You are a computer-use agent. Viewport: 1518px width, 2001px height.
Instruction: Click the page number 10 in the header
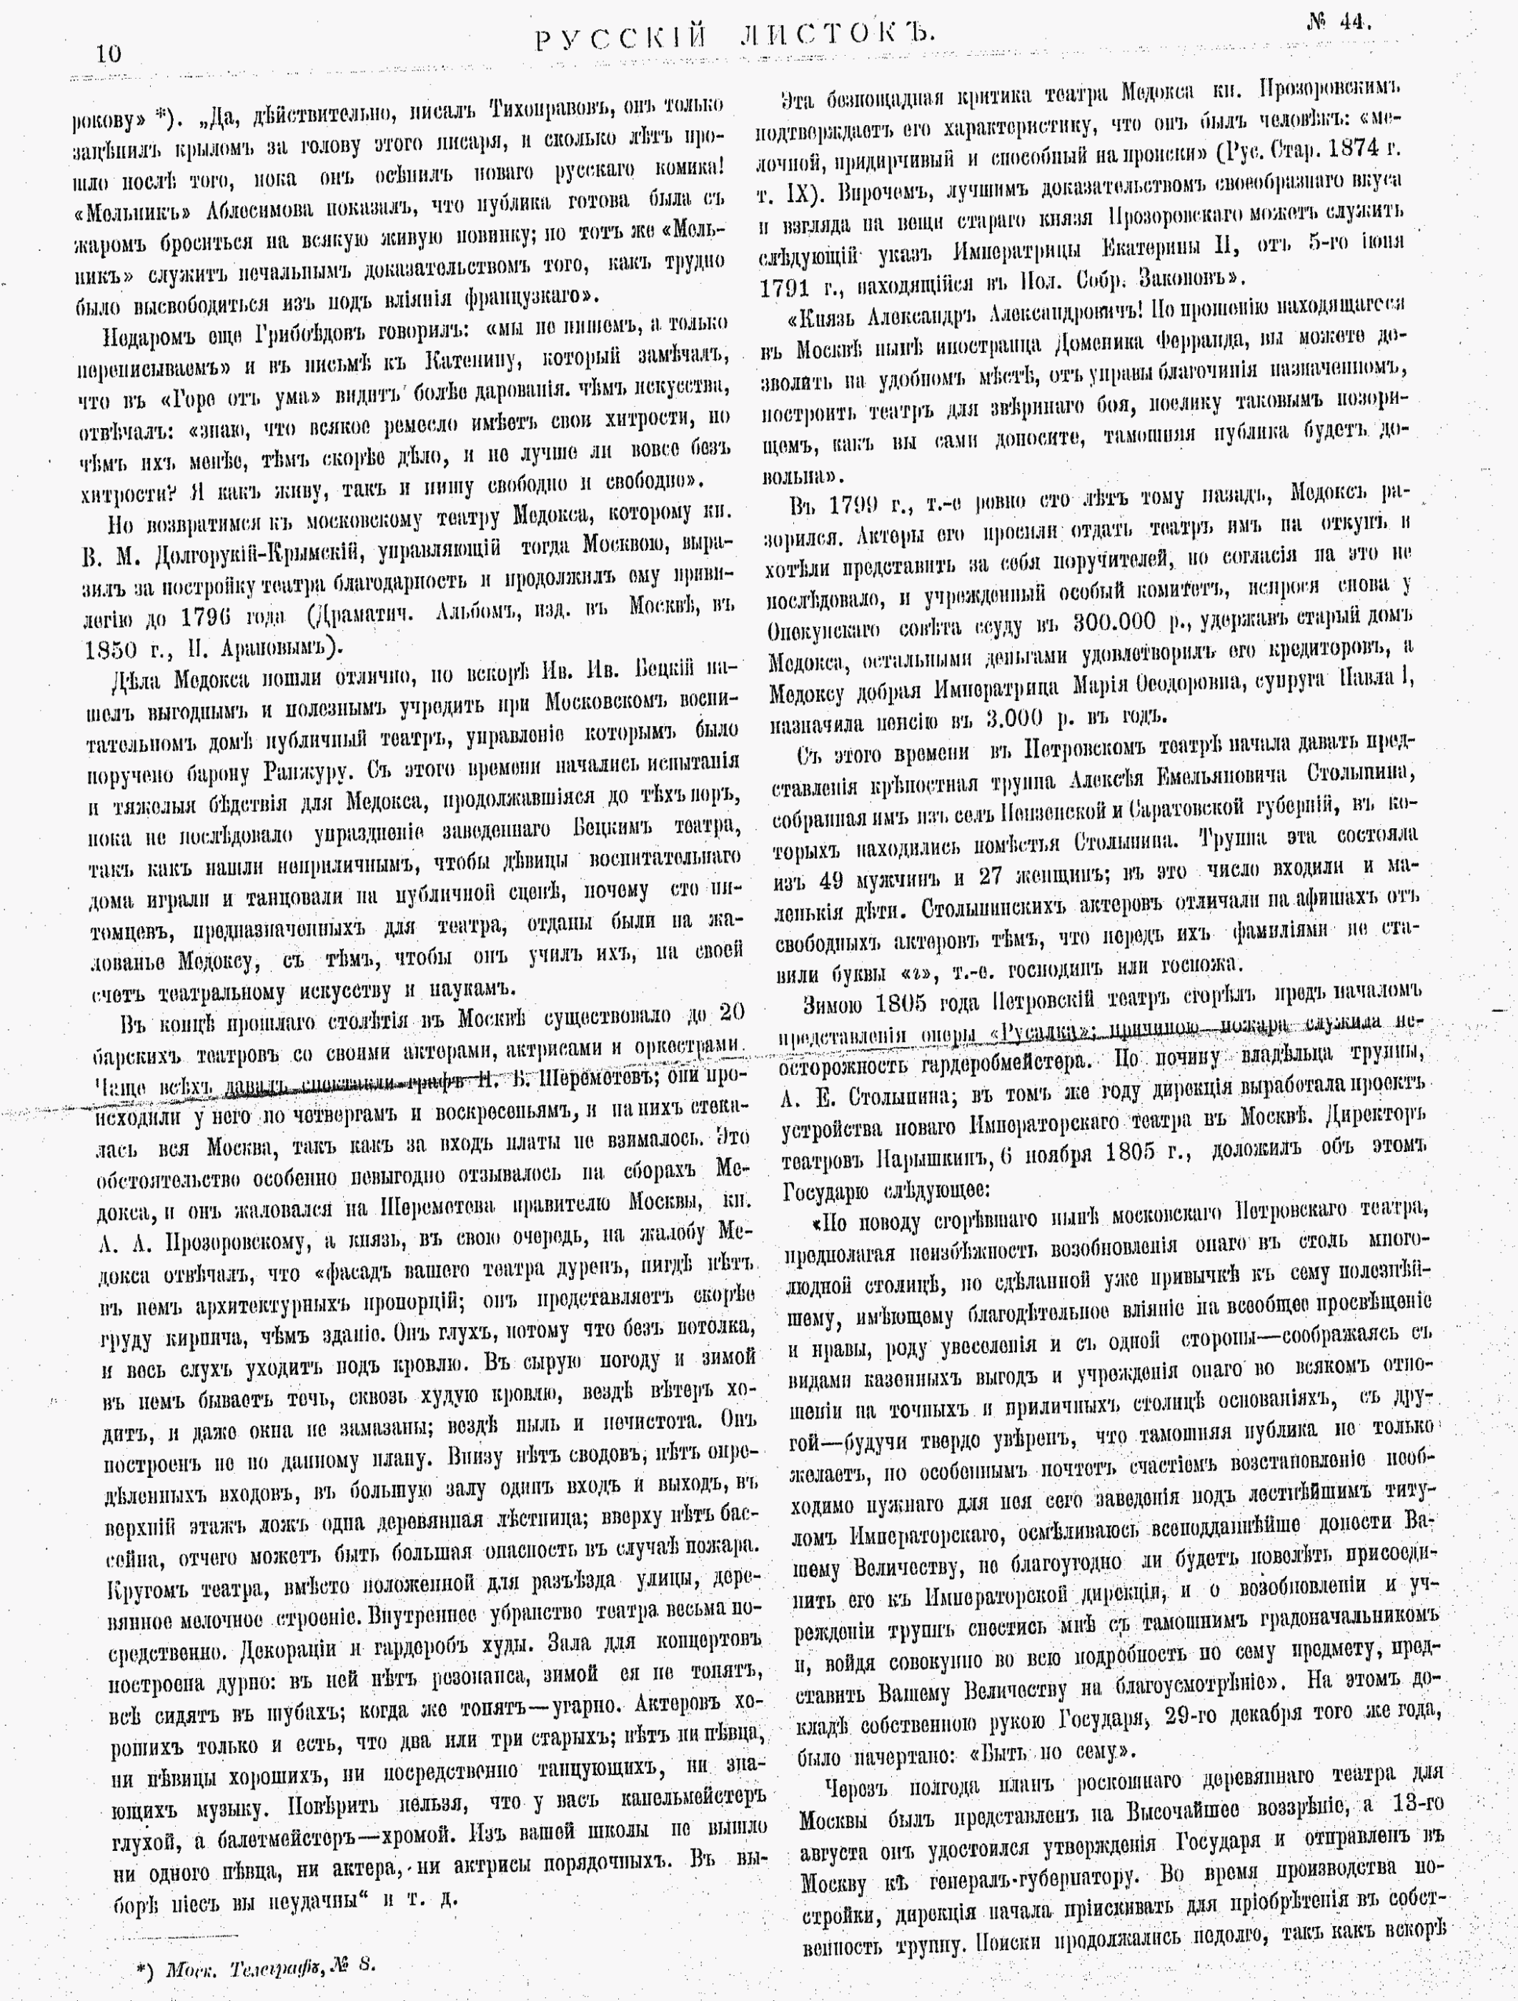point(109,54)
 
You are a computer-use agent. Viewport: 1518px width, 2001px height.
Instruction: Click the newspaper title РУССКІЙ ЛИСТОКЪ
point(734,37)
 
